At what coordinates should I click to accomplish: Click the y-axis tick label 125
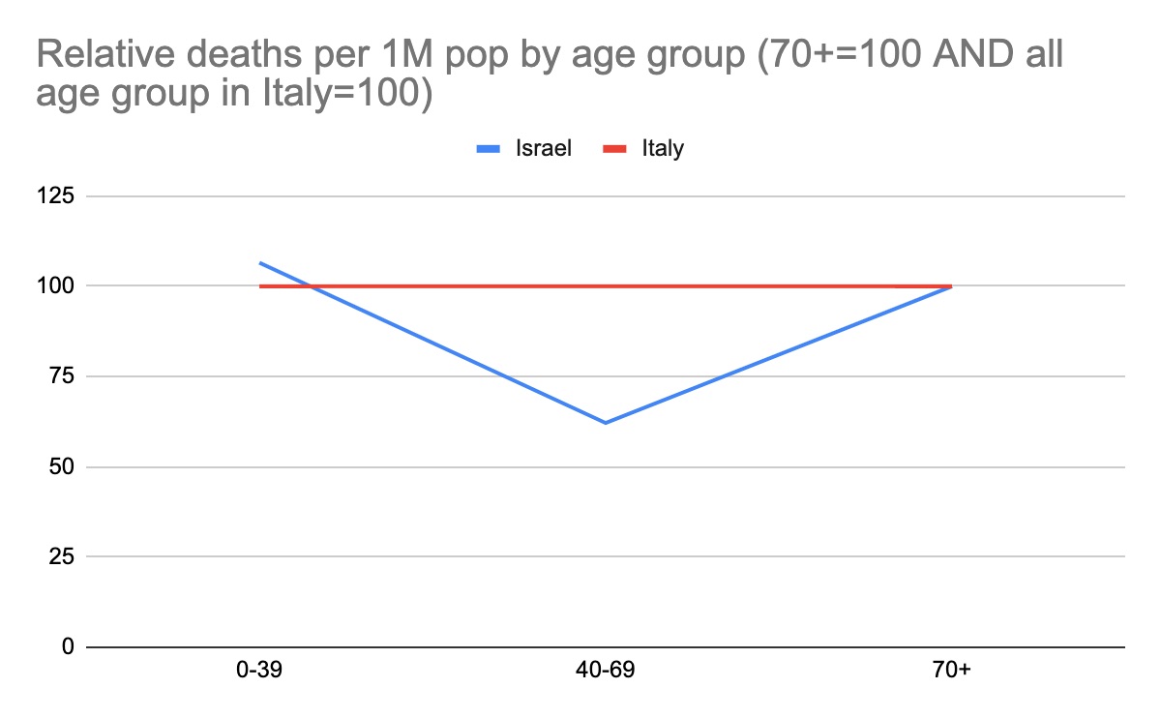click(55, 196)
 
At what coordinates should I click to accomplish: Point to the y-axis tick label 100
click(55, 286)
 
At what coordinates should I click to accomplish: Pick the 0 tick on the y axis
click(67, 646)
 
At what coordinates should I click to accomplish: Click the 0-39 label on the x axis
click(259, 671)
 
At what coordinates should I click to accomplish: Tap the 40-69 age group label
click(606, 671)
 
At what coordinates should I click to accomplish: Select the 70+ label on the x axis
click(951, 671)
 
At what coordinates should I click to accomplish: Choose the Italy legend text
click(663, 149)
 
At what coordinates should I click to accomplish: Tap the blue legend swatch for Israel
click(493, 149)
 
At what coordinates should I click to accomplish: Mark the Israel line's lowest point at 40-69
click(606, 423)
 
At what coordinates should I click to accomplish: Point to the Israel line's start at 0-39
click(260, 262)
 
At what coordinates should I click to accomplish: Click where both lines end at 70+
click(951, 286)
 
